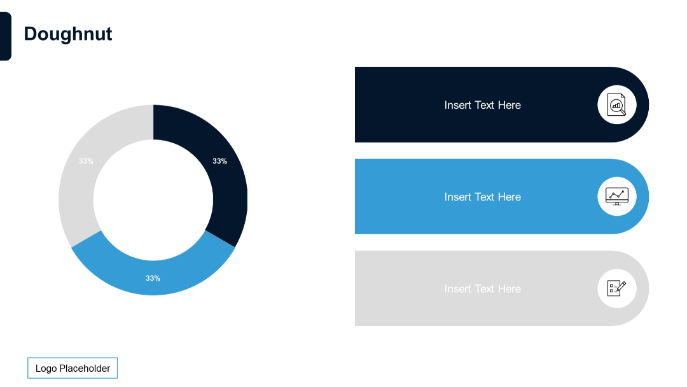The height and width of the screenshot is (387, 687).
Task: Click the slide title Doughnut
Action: [68, 34]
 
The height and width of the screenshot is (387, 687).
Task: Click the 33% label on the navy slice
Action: [219, 161]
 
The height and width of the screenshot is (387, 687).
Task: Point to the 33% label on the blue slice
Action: [153, 278]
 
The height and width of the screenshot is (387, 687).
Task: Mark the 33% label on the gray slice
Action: [86, 161]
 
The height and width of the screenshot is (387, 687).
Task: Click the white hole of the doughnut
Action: [153, 200]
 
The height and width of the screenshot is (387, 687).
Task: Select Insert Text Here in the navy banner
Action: [482, 105]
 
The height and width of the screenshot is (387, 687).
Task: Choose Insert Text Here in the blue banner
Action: [482, 197]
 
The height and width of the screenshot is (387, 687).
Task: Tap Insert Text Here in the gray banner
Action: [482, 288]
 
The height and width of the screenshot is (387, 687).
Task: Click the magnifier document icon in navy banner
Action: [616, 104]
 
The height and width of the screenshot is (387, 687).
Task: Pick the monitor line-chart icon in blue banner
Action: [616, 196]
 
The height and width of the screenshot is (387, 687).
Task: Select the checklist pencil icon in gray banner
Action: [616, 288]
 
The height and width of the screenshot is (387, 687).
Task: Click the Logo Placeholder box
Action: [73, 368]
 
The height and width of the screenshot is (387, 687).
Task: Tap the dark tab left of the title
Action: [5, 36]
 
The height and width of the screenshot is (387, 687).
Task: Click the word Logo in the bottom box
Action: [46, 368]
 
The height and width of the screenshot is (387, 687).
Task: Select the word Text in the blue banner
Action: [484, 197]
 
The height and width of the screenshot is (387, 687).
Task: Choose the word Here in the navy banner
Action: [509, 105]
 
